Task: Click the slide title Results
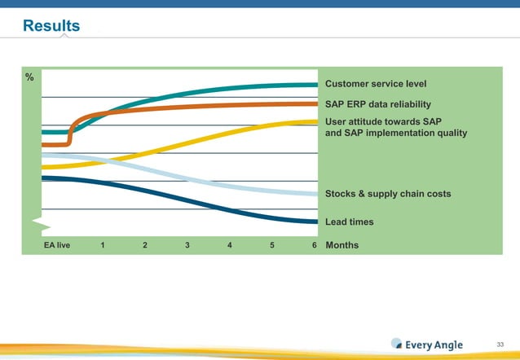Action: (x=51, y=26)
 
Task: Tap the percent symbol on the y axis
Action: (x=29, y=77)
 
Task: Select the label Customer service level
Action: (x=376, y=84)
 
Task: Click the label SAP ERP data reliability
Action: (x=378, y=104)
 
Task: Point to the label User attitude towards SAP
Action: (x=383, y=121)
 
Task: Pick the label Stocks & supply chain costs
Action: (x=388, y=194)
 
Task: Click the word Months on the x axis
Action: (x=342, y=245)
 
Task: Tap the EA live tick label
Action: (x=57, y=245)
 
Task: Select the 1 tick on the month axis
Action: (x=103, y=245)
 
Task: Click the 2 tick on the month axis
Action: (x=145, y=245)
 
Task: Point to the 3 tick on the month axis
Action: (x=187, y=245)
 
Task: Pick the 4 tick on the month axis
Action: (x=230, y=245)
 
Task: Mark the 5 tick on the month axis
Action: (x=271, y=245)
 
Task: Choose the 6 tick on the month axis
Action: (x=314, y=245)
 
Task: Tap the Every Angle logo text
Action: (x=434, y=345)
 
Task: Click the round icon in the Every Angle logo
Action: (x=397, y=344)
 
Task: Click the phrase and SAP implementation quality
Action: (x=396, y=133)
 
